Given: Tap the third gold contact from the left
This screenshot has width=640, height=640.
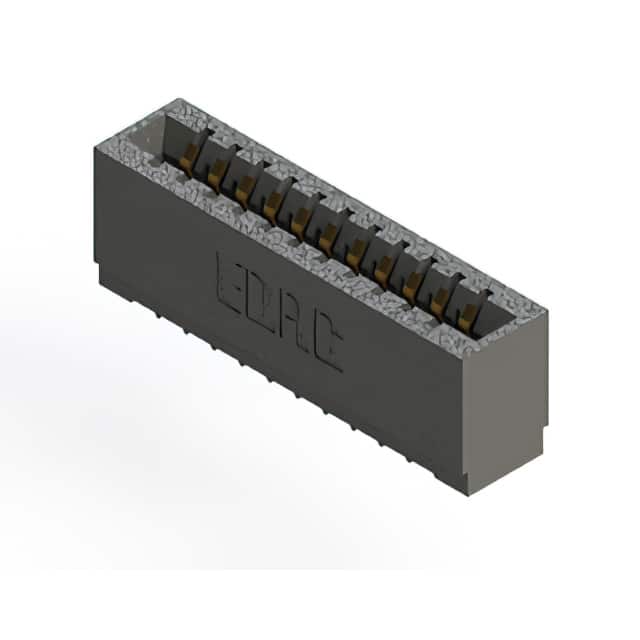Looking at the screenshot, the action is coord(244,188).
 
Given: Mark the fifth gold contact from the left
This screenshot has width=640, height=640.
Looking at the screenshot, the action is coord(301,219).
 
